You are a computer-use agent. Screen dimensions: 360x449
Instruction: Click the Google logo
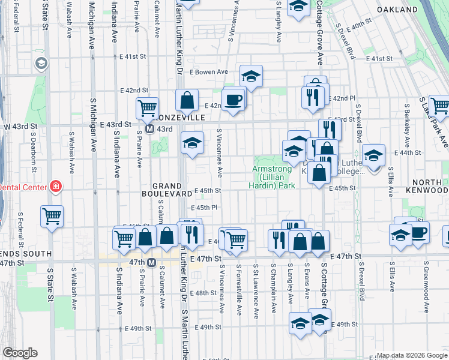(19, 353)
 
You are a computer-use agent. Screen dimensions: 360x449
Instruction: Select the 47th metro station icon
(151, 262)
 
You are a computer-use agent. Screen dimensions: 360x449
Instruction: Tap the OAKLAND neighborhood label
(397, 10)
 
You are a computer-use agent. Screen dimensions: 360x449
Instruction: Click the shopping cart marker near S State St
(52, 215)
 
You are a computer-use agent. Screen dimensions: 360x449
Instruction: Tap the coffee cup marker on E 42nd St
(234, 98)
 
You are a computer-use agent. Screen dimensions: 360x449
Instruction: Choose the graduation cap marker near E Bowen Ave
(252, 76)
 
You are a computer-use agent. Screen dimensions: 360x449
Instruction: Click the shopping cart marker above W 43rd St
(147, 108)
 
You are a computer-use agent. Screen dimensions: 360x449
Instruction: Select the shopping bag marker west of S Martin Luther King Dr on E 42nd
(187, 100)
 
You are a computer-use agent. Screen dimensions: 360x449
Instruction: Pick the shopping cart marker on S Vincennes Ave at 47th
(236, 238)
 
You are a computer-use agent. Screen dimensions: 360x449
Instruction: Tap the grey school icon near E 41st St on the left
(41, 63)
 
